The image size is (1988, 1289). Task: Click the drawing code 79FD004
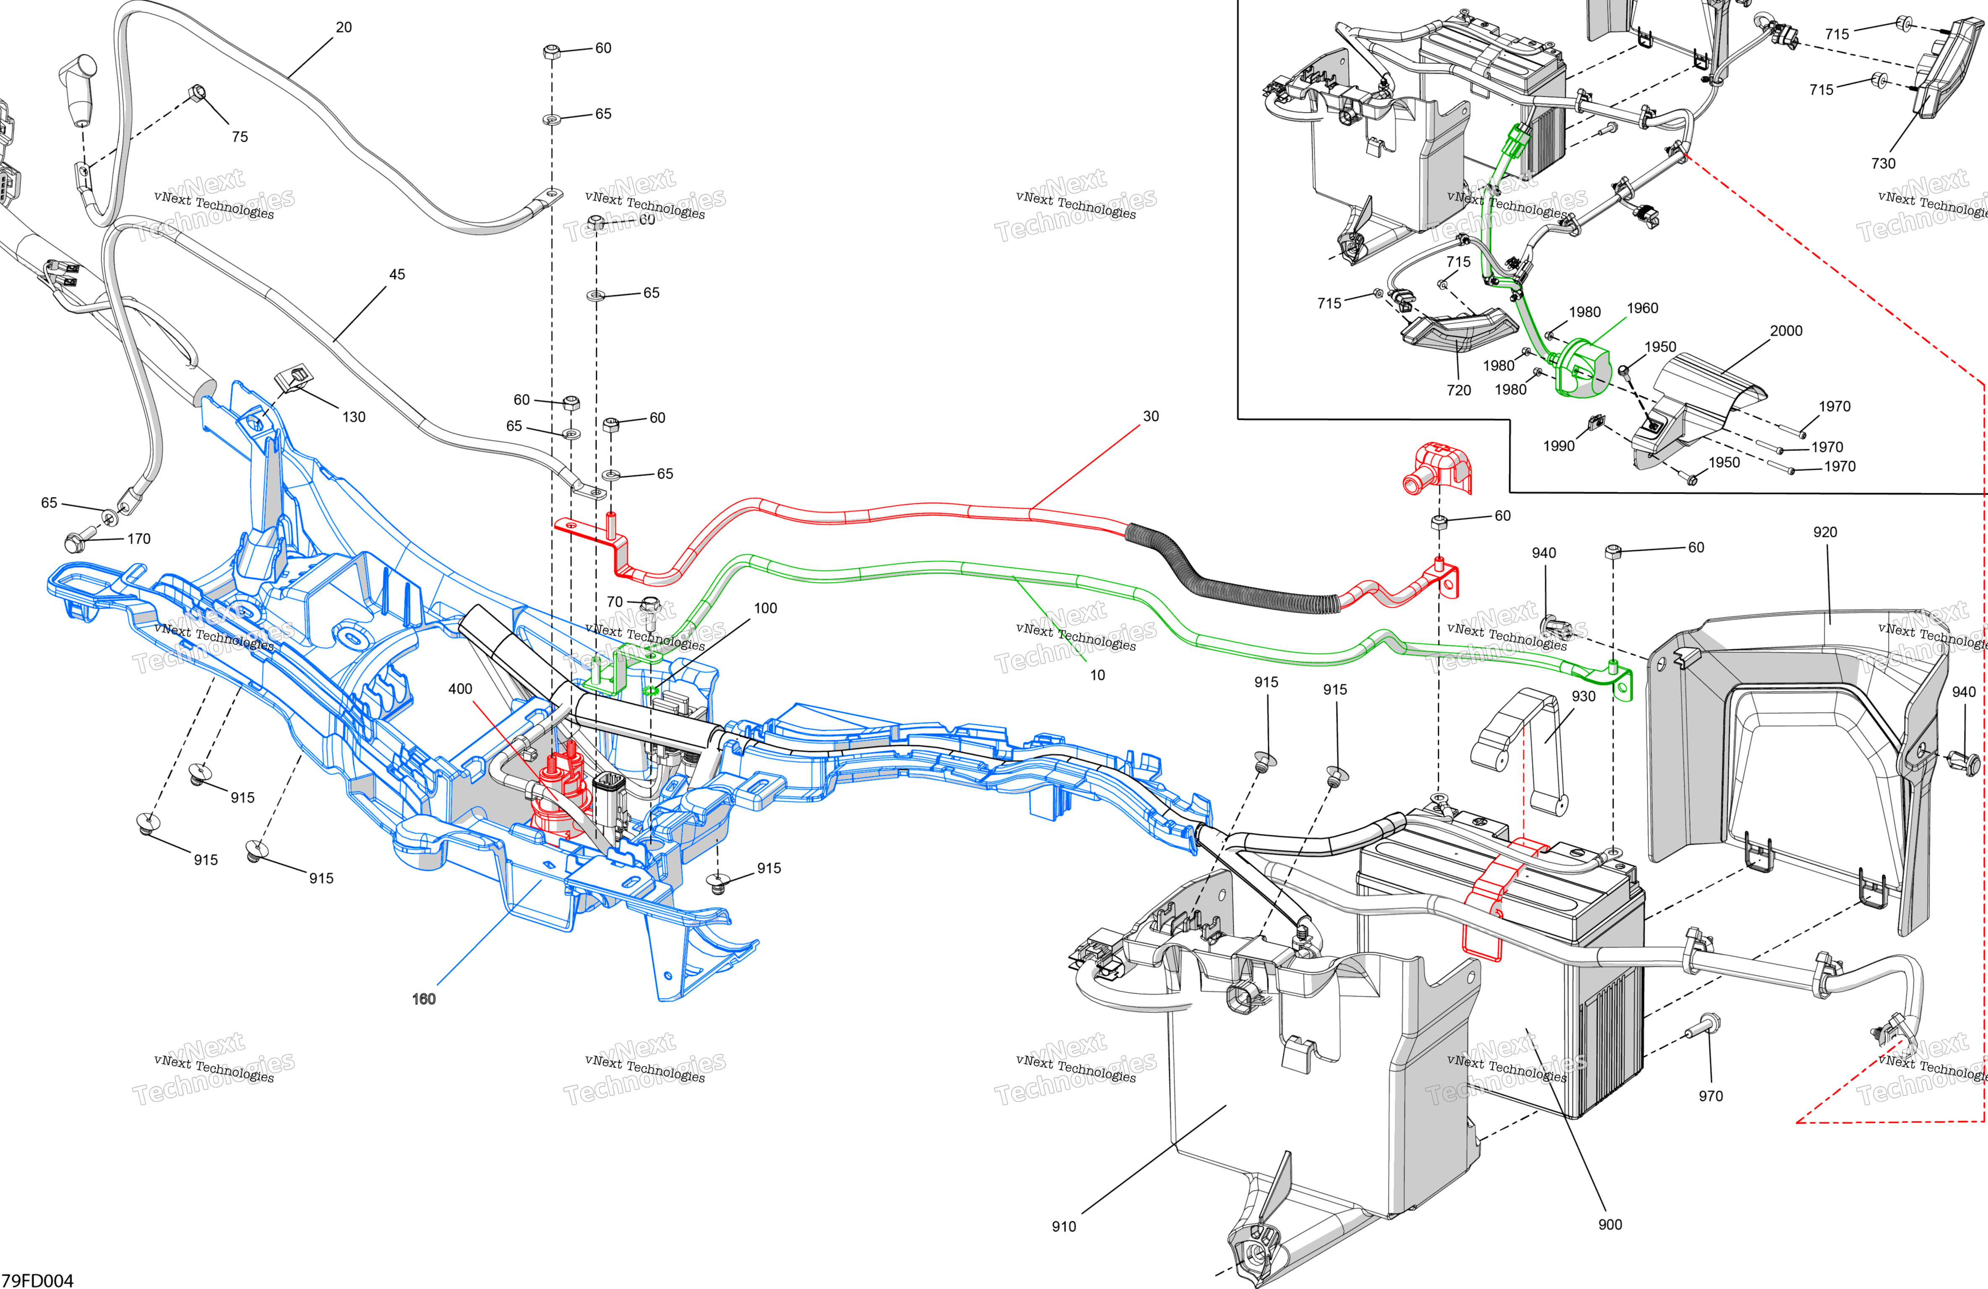pos(38,1280)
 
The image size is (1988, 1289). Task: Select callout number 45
pos(398,274)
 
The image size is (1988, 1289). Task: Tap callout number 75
pos(240,136)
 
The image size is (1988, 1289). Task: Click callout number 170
pos(139,539)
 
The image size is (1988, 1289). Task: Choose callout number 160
pos(424,999)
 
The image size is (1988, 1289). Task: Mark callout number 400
pos(460,688)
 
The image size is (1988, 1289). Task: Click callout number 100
pos(765,608)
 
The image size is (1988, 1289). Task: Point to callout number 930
pos(1583,696)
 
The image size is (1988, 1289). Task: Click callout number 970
pos(1710,1096)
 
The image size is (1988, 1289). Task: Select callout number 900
pos(1610,1225)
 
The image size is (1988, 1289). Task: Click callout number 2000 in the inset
pos(1786,331)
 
